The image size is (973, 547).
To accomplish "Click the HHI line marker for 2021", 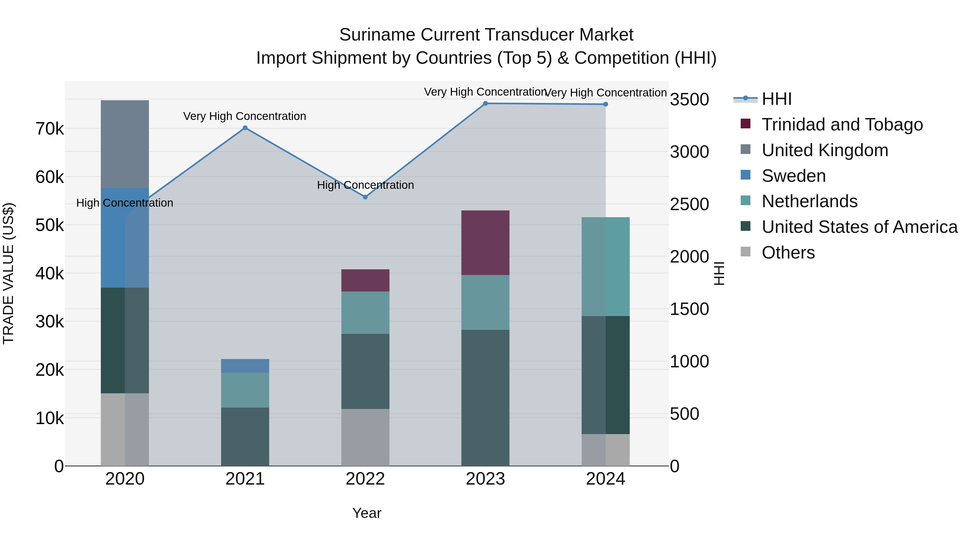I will click(x=245, y=128).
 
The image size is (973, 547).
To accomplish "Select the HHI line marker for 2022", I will click(x=365, y=197).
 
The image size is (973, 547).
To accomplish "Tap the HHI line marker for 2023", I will click(x=485, y=103).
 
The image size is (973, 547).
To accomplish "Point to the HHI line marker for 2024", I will click(x=605, y=104).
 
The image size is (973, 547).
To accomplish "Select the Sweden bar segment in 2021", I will click(x=245, y=366).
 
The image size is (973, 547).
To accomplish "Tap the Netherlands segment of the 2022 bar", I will click(x=365, y=313).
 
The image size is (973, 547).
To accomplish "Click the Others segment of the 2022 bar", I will click(x=365, y=437).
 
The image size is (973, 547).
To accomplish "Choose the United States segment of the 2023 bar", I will click(x=485, y=398).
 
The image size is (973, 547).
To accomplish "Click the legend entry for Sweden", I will click(x=793, y=176).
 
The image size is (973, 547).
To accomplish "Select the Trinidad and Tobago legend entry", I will click(x=842, y=125).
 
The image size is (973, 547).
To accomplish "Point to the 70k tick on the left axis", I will click(x=49, y=129).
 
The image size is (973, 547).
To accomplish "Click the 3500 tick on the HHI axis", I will click(x=689, y=100).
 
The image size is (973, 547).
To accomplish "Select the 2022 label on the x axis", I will click(x=365, y=479).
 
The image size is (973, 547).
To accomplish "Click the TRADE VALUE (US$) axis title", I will click(x=8, y=273).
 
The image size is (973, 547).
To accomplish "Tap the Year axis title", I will click(x=366, y=513).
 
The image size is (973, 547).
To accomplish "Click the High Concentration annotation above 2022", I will click(x=365, y=185).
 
